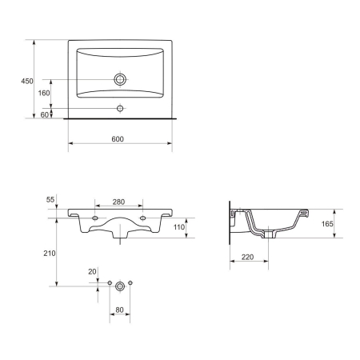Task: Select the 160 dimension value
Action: tap(45, 93)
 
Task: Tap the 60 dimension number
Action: tap(45, 115)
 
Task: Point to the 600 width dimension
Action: tap(118, 139)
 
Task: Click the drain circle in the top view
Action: tap(121, 80)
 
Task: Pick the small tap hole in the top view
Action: tap(121, 108)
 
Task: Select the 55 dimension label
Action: tap(50, 198)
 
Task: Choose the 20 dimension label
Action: tap(93, 272)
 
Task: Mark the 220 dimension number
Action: tap(247, 257)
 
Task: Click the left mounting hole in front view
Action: tap(95, 218)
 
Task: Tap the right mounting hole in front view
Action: tap(143, 218)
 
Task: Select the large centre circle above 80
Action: tap(119, 284)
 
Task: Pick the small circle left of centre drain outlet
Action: tap(109, 284)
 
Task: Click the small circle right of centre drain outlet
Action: tap(130, 284)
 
